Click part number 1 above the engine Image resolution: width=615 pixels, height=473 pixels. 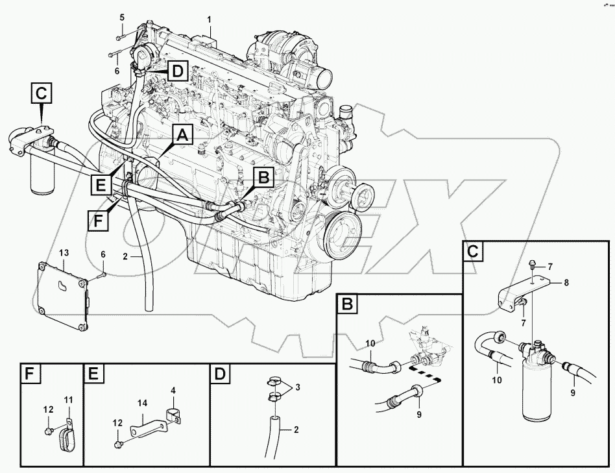(x=210, y=20)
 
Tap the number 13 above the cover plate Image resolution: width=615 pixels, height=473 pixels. (x=64, y=252)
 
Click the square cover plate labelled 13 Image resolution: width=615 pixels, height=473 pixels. (x=63, y=295)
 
